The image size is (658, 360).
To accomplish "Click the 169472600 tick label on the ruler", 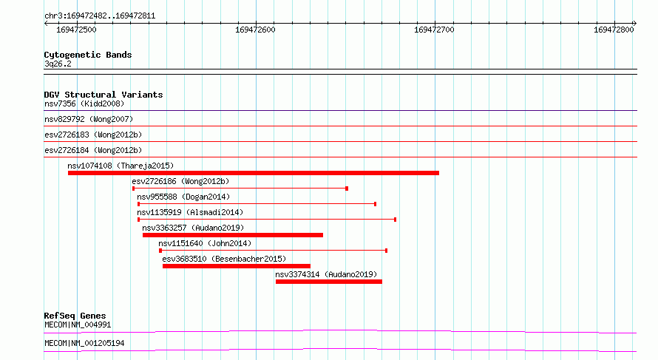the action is coord(255,30).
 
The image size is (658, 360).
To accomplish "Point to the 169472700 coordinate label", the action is coord(434,30).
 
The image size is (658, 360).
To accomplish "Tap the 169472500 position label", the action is coord(76,30).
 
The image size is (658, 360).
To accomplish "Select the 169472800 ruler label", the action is coord(614,30).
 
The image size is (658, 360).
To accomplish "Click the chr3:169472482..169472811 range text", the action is coord(100,16).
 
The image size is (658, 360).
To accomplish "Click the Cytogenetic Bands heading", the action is coord(88,55).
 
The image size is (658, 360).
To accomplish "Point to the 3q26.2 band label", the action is coord(58,64).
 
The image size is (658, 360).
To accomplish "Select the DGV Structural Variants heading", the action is coord(104,95).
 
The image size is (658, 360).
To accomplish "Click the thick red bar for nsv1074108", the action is coord(254,173).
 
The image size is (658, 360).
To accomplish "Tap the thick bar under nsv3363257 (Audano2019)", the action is coord(233,235).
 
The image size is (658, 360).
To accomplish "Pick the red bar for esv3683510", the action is coord(237,266).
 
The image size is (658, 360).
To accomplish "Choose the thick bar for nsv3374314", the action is coord(329,282).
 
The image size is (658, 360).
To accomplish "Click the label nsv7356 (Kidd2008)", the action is coord(84,103).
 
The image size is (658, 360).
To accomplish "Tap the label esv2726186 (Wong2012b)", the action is coord(181,181).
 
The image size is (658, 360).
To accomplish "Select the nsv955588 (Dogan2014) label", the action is coord(183,197).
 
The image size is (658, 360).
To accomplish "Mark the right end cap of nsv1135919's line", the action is coord(396,220).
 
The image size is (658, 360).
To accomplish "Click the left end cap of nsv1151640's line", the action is coord(160,251).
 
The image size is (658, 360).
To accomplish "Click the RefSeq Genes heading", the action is coord(75,316).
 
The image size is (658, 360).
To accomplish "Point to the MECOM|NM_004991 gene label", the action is coord(78,325).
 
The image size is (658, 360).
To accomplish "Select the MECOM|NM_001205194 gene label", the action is coord(84,343).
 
